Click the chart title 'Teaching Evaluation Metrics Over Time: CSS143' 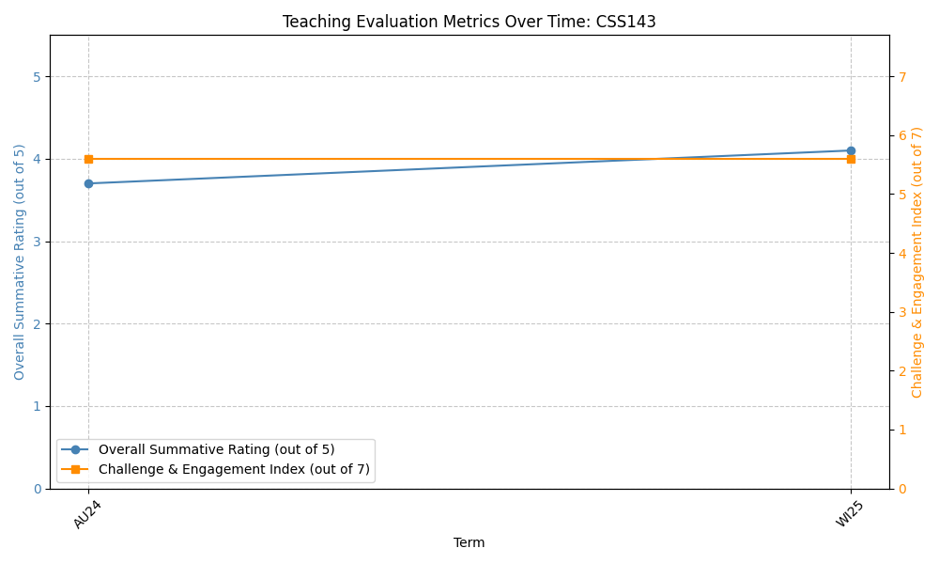coord(469,22)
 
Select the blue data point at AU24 coord(88,183)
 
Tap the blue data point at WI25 coord(851,150)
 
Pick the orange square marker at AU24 coord(88,159)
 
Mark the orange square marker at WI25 coord(851,159)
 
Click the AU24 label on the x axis coord(87,514)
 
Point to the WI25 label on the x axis coord(849,514)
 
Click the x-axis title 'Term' coord(469,542)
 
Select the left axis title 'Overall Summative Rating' coord(20,262)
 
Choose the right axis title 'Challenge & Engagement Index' coord(917,262)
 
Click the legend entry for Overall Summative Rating coord(216,449)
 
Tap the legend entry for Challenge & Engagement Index coord(234,469)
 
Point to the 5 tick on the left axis coord(37,77)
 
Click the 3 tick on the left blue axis coord(37,242)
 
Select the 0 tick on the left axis coord(37,489)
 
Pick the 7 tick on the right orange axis coord(901,77)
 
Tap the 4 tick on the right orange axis coord(901,254)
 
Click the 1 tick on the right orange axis coord(901,430)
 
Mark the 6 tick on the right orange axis coord(901,135)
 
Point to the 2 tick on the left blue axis coord(37,324)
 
